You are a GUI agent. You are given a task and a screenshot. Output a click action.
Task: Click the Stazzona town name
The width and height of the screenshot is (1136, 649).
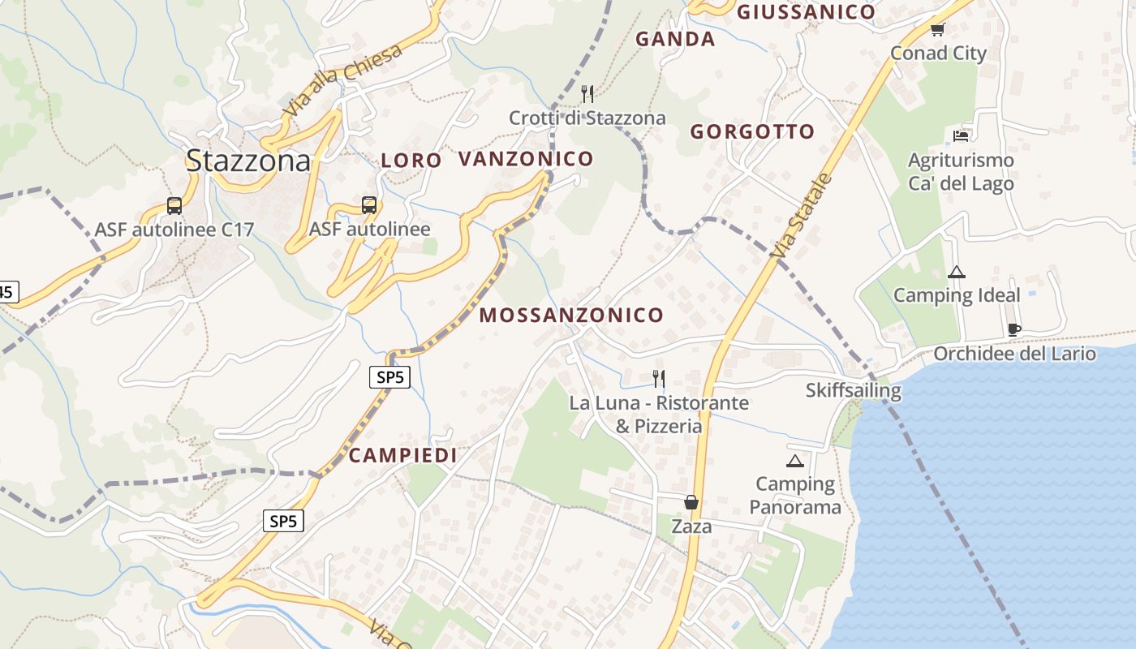(248, 161)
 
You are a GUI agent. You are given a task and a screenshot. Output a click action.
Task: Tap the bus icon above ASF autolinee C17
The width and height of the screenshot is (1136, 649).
(174, 205)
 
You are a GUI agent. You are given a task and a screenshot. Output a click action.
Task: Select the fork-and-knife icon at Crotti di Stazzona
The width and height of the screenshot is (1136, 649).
(588, 94)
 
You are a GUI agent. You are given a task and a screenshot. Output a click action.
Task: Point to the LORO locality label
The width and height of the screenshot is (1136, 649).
(411, 161)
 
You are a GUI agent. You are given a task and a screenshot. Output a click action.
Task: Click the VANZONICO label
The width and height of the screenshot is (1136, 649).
(526, 159)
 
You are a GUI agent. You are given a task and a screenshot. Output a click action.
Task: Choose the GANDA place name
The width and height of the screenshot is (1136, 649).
(675, 39)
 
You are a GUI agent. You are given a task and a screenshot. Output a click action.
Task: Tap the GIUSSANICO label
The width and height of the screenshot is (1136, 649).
(806, 12)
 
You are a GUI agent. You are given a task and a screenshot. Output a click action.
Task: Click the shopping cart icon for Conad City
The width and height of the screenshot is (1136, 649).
(937, 30)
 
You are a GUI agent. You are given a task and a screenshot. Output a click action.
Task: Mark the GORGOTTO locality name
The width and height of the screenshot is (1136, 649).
(752, 131)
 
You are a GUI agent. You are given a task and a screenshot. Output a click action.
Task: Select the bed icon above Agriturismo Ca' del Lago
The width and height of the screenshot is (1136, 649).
(962, 135)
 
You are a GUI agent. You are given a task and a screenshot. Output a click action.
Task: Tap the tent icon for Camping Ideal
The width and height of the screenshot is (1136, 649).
(957, 272)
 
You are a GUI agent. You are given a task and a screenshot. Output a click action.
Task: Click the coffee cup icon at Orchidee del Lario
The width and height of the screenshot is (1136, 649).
(1013, 329)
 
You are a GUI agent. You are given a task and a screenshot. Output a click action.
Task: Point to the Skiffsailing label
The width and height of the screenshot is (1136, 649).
(853, 390)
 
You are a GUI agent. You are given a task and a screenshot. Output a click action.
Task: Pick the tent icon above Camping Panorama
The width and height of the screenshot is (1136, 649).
(794, 461)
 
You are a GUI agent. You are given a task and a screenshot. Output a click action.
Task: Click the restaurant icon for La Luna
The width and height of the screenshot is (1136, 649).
(659, 378)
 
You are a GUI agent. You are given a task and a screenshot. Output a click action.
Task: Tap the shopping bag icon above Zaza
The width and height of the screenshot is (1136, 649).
(691, 502)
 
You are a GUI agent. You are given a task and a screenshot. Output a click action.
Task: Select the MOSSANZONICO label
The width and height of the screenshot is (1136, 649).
(571, 316)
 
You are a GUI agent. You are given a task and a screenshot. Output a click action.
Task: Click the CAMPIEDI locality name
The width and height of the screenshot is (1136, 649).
(402, 456)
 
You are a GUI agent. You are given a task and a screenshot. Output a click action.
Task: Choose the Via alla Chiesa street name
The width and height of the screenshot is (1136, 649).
(343, 80)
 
